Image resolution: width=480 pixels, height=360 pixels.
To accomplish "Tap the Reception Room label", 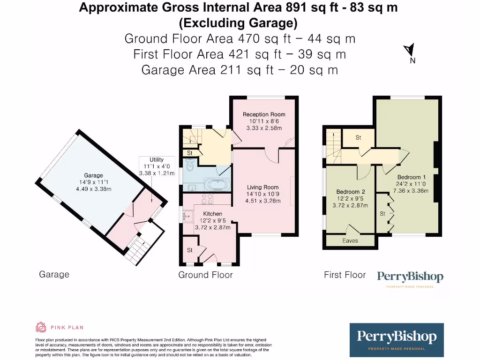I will tap(263, 114).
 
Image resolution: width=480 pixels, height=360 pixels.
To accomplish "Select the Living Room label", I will tap(263, 187).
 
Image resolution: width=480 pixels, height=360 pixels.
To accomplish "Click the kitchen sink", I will tap(191, 216).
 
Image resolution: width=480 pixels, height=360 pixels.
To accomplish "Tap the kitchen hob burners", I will tap(206, 200).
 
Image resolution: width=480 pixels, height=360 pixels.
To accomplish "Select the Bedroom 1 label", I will tap(409, 177).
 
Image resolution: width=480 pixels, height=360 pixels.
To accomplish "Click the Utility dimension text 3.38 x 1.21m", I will tap(157, 173).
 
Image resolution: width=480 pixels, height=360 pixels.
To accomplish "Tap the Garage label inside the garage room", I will tap(93, 176).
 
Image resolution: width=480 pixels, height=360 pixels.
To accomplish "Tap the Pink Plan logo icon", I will tap(41, 327).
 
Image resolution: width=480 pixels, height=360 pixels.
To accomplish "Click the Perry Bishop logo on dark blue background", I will tap(397, 339).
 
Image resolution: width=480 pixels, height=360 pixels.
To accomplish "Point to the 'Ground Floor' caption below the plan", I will tap(205, 275).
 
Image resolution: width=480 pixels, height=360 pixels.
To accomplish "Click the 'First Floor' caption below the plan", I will tap(345, 275).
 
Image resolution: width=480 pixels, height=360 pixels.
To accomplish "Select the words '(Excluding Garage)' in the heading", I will tap(238, 22).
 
